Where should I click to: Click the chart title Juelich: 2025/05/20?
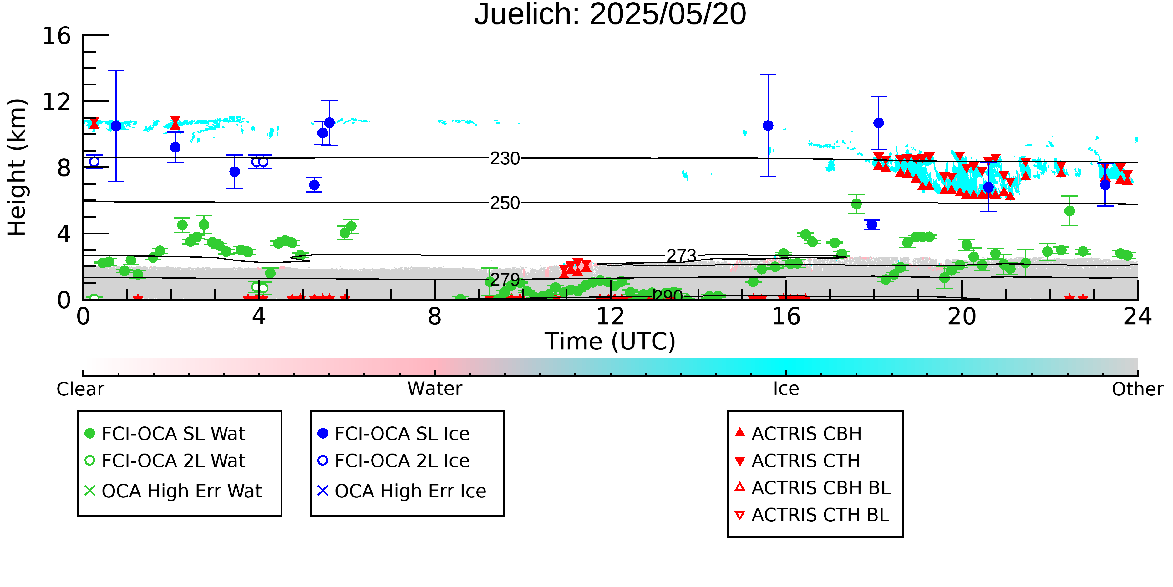click(610, 15)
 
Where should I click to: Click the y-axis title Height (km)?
click(17, 167)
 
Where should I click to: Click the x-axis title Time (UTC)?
click(610, 341)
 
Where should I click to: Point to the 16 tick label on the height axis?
click(57, 36)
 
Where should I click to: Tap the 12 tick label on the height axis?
click(57, 102)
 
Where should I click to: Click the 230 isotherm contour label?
click(505, 159)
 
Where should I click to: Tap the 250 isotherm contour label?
click(505, 203)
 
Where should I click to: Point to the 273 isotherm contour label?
click(681, 256)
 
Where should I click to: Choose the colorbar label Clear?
click(80, 389)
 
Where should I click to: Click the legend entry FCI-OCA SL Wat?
click(165, 433)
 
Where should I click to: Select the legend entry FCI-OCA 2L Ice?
click(394, 461)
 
